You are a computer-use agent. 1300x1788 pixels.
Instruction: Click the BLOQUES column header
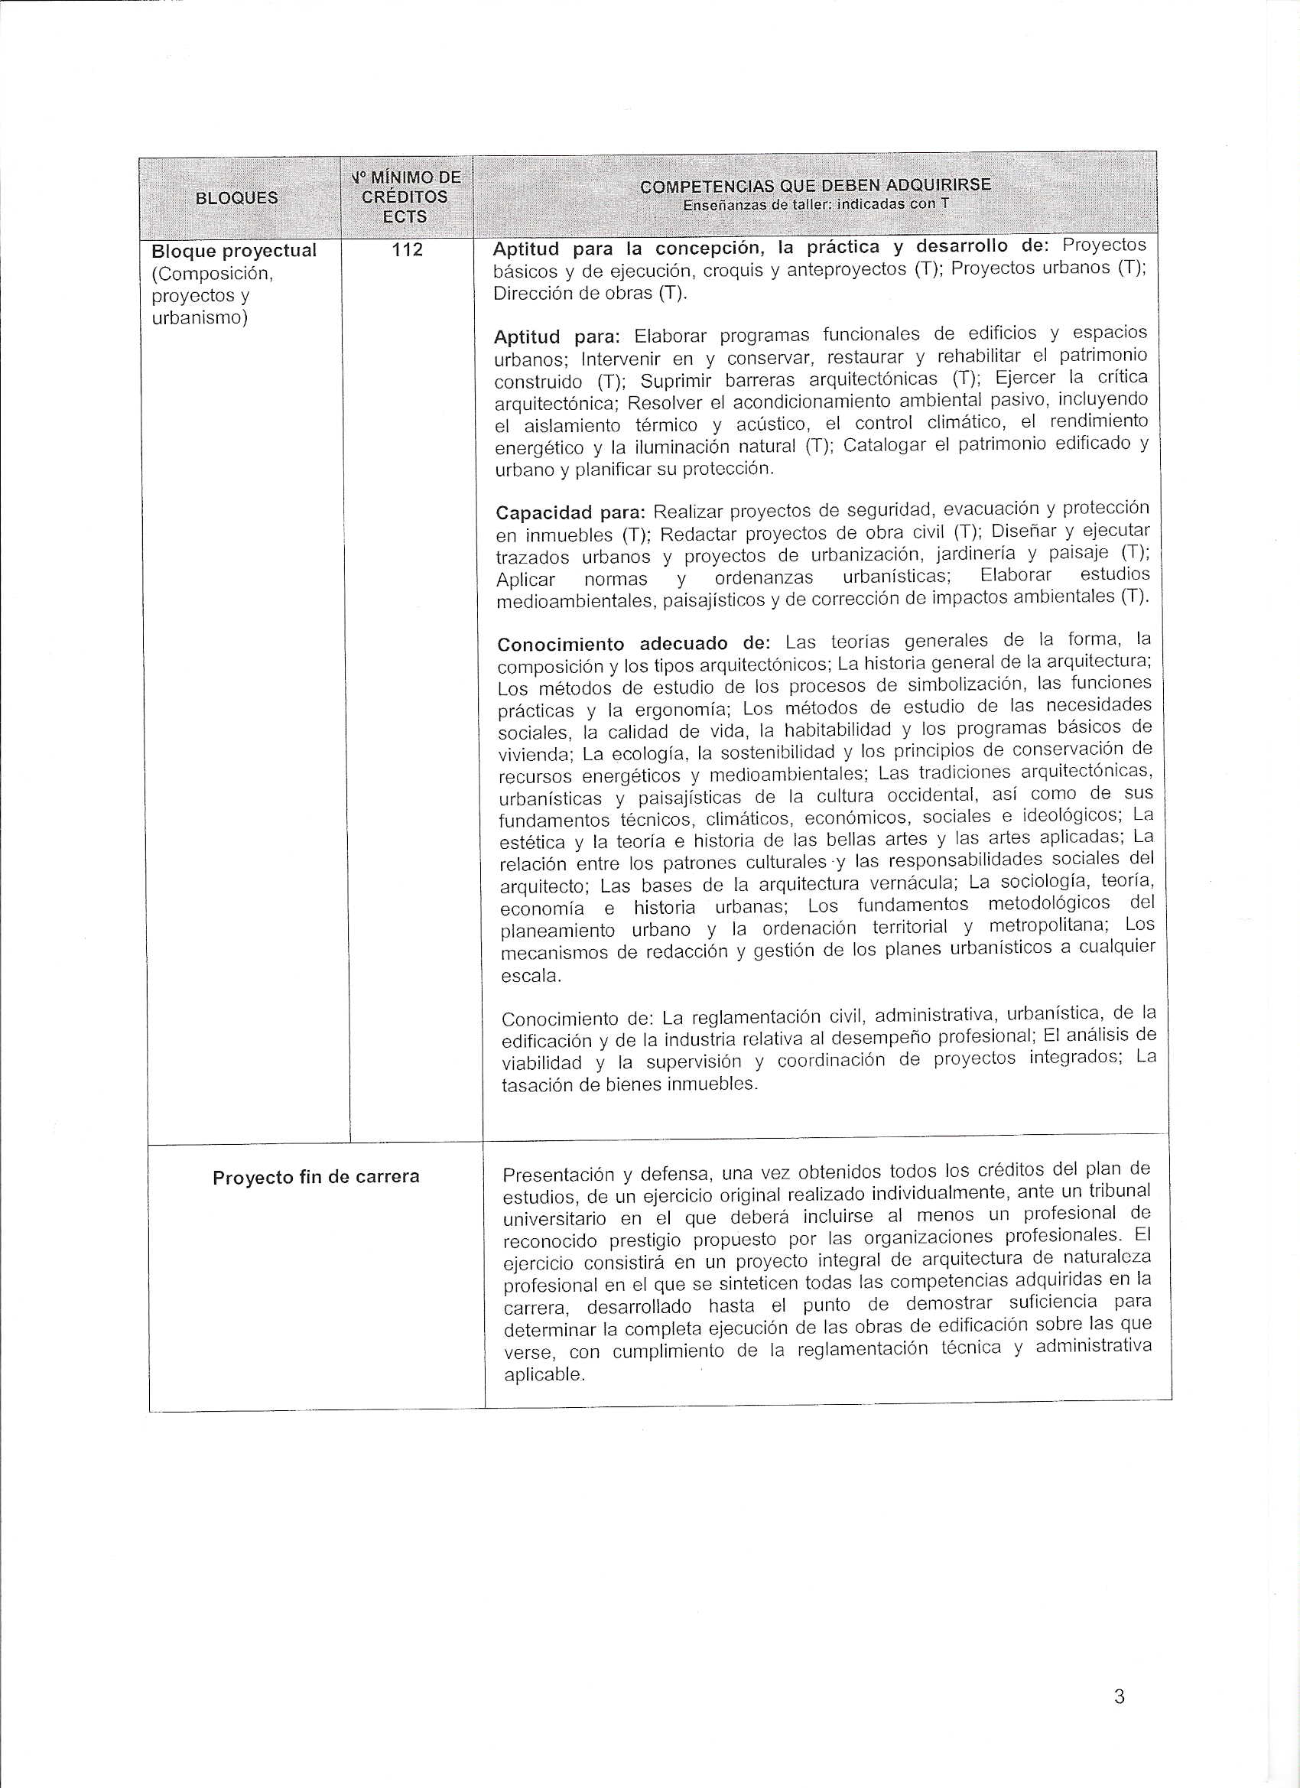click(236, 198)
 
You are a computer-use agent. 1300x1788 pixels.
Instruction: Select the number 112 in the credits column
click(407, 250)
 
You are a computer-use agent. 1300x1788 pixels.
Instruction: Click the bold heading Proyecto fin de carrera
click(315, 1178)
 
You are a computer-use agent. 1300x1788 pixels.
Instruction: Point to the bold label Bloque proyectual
click(233, 251)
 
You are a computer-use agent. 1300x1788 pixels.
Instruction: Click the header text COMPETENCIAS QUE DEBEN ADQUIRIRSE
click(815, 186)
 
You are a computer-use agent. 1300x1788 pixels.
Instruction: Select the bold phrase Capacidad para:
click(570, 512)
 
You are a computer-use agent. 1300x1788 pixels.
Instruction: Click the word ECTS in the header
click(405, 216)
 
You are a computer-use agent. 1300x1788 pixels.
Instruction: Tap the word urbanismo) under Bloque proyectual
click(199, 317)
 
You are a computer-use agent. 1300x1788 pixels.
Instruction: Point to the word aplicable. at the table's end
click(544, 1375)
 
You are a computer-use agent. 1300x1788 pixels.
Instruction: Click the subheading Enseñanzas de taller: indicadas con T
click(815, 204)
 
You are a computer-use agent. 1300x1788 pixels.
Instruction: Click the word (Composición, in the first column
click(211, 274)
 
